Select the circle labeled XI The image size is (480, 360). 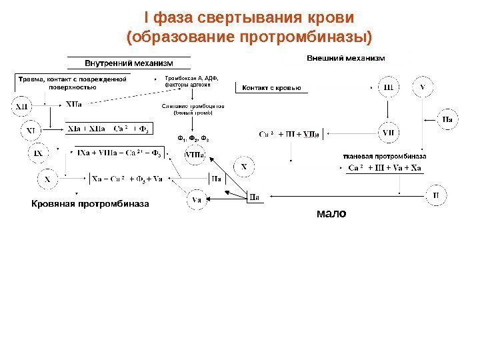tap(31, 129)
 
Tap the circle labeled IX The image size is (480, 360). tap(39, 153)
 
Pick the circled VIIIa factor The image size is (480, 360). tap(195, 155)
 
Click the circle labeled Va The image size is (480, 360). tap(197, 199)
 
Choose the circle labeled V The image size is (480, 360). tap(425, 87)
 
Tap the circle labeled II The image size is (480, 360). tap(436, 195)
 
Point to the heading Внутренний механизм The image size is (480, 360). tap(128, 63)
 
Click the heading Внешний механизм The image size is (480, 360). tap(345, 59)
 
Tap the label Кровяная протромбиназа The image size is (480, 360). tap(91, 202)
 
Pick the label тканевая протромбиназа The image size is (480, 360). tap(384, 155)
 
